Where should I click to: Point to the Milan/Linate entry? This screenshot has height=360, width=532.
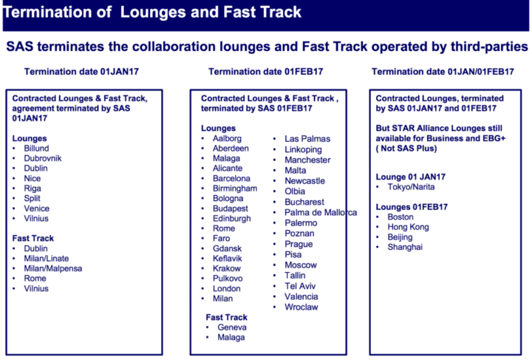click(48, 259)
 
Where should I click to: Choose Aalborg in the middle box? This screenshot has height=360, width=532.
click(227, 138)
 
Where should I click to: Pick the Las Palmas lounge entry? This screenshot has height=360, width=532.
click(307, 138)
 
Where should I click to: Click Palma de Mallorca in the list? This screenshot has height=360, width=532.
click(321, 212)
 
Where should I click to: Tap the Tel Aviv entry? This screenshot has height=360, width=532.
click(301, 286)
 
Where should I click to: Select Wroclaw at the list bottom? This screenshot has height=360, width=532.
click(302, 307)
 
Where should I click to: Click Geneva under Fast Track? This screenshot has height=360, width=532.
click(232, 327)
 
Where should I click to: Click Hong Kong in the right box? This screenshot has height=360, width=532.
click(409, 227)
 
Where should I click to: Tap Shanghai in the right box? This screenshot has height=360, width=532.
click(405, 247)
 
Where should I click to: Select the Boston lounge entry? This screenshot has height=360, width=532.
click(401, 217)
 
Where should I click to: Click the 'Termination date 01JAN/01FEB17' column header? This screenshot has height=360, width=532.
click(443, 72)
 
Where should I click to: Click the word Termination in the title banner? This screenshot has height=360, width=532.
click(50, 13)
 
